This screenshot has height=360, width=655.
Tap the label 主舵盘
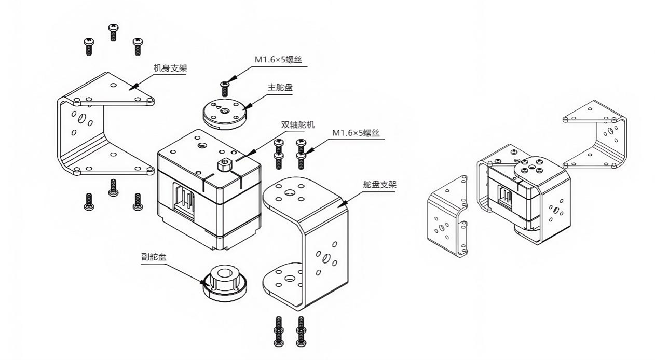click(280, 87)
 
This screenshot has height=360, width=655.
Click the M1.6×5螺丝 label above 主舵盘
click(278, 60)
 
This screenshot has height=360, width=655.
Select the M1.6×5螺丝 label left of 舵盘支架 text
click(356, 133)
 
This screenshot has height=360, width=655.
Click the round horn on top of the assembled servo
click(529, 169)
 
